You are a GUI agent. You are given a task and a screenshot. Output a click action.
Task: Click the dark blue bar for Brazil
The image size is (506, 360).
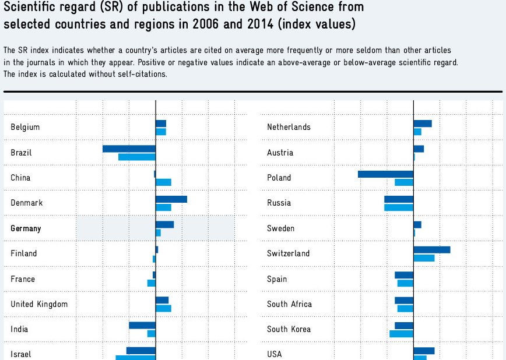click(x=129, y=149)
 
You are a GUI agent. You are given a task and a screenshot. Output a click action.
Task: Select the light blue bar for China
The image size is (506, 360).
click(x=163, y=182)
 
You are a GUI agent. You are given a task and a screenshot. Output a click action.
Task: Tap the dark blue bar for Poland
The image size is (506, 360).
click(x=385, y=174)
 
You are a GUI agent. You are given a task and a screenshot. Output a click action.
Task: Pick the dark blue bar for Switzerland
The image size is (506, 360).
click(x=431, y=250)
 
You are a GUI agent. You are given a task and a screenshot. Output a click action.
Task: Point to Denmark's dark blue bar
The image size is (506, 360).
click(x=171, y=199)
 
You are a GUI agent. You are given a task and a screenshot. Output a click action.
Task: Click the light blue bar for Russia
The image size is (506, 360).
click(x=399, y=207)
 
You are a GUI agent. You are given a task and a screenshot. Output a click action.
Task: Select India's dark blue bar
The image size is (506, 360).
click(x=142, y=326)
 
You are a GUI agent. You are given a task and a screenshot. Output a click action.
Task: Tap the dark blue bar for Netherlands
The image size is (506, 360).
click(x=423, y=123)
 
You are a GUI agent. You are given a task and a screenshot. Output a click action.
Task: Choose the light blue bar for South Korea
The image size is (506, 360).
click(x=401, y=334)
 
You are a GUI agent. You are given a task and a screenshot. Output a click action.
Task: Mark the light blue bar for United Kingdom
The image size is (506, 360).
click(x=163, y=308)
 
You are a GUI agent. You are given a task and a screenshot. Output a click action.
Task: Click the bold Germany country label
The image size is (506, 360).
click(x=26, y=228)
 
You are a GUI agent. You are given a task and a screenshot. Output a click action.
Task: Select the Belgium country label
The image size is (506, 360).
click(x=25, y=127)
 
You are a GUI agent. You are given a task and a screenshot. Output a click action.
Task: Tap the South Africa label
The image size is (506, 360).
click(x=289, y=304)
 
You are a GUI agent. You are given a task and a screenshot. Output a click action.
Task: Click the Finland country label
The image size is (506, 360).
click(x=23, y=253)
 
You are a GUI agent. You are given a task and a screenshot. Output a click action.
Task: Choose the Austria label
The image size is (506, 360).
click(x=280, y=153)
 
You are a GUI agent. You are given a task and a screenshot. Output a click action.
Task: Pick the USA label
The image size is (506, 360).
click(x=275, y=354)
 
